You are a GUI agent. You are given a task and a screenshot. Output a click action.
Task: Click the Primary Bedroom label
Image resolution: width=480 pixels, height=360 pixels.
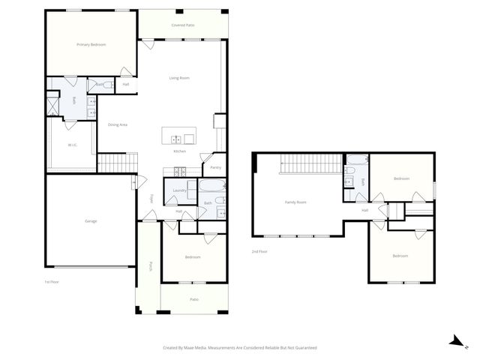click(x=91, y=45)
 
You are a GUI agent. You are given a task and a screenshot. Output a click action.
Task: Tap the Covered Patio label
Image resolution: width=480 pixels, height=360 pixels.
click(x=183, y=25)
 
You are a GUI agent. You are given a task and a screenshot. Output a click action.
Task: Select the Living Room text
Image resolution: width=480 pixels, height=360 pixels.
click(x=179, y=78)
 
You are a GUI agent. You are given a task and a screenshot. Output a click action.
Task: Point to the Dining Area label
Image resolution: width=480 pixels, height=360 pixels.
click(x=118, y=124)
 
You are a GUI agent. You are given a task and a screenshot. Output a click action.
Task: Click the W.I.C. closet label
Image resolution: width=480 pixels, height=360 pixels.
click(x=73, y=145)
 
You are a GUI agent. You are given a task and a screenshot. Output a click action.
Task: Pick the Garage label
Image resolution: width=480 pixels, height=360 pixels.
click(x=90, y=220)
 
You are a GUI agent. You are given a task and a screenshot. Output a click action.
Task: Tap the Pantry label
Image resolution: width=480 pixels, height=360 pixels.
click(x=215, y=167)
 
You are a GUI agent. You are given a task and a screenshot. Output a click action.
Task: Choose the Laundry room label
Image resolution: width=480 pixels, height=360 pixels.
click(x=179, y=190)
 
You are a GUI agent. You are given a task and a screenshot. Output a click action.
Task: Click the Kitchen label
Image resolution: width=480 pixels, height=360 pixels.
click(x=180, y=152)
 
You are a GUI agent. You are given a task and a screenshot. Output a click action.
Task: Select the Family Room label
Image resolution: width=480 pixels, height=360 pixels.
click(x=295, y=202)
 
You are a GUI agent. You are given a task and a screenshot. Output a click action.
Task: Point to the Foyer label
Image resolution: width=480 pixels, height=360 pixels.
click(x=151, y=199)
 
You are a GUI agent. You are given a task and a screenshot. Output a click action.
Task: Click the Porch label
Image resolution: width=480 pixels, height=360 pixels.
click(x=151, y=265)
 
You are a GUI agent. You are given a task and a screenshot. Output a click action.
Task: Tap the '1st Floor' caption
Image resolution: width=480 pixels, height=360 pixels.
click(x=52, y=281)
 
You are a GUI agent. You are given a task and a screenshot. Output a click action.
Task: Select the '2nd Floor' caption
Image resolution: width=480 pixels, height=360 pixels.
click(x=259, y=251)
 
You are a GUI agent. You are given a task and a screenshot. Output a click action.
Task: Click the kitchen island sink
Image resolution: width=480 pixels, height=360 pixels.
click(x=177, y=139)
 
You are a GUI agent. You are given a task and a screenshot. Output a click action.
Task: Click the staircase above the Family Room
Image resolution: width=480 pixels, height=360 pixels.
click(x=311, y=162)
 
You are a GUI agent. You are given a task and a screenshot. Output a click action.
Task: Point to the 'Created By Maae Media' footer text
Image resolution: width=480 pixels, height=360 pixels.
click(x=240, y=348)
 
